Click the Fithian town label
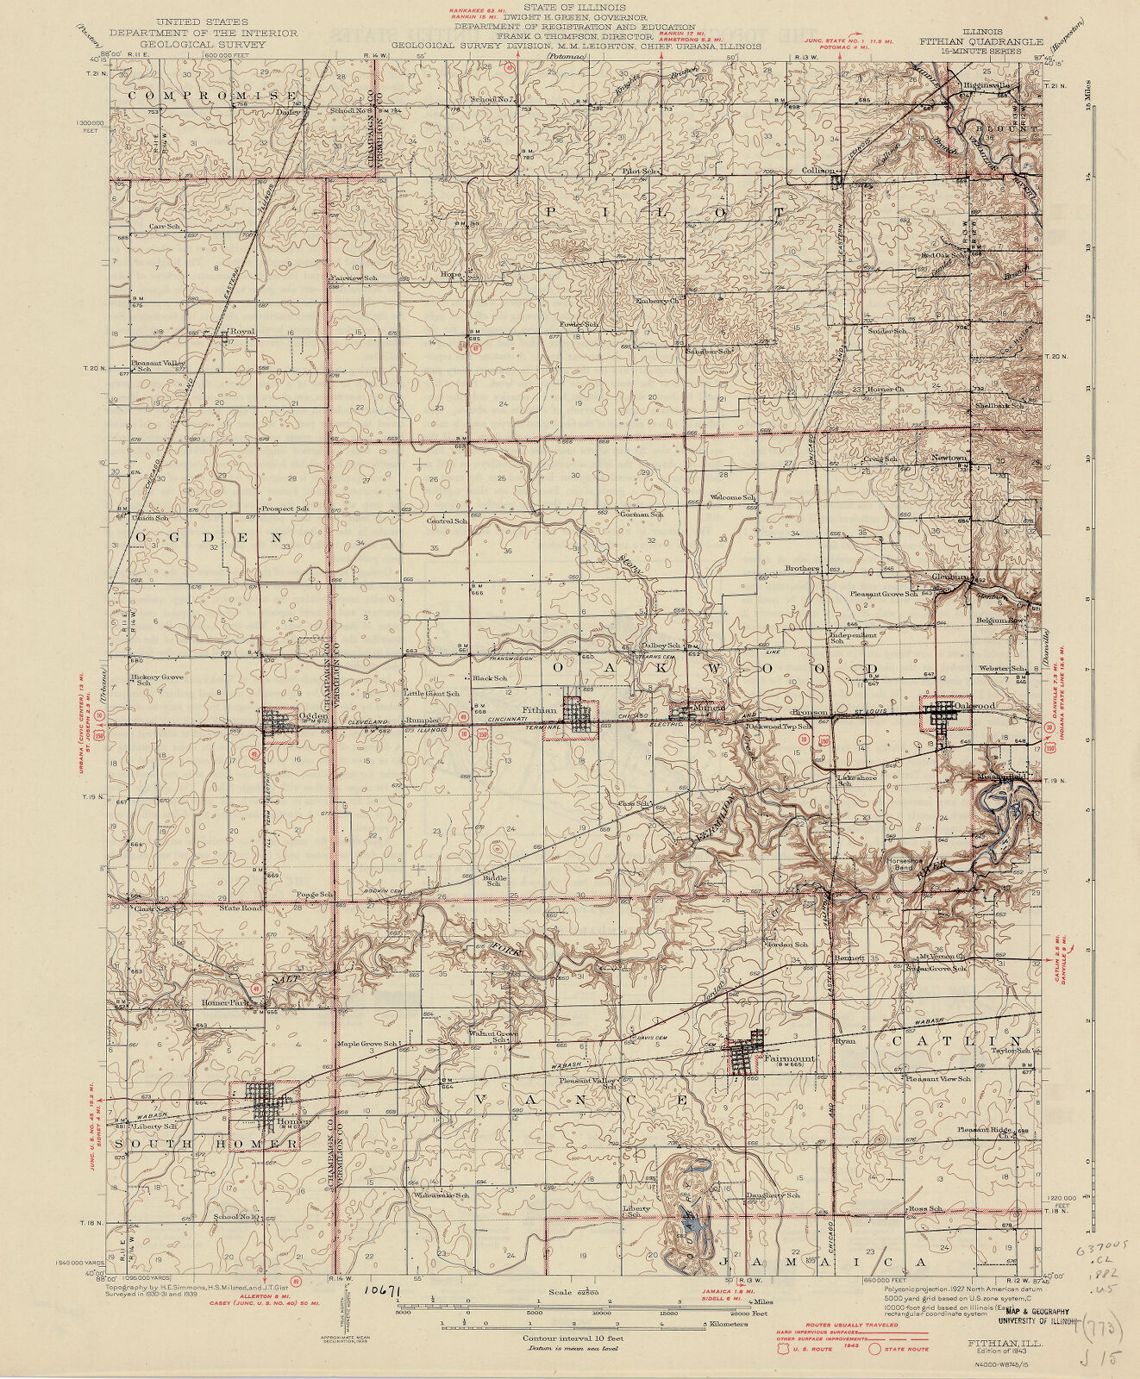coord(541,712)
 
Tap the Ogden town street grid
coord(279,722)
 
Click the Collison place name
coord(819,171)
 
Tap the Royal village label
coord(243,331)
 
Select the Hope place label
coord(452,275)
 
